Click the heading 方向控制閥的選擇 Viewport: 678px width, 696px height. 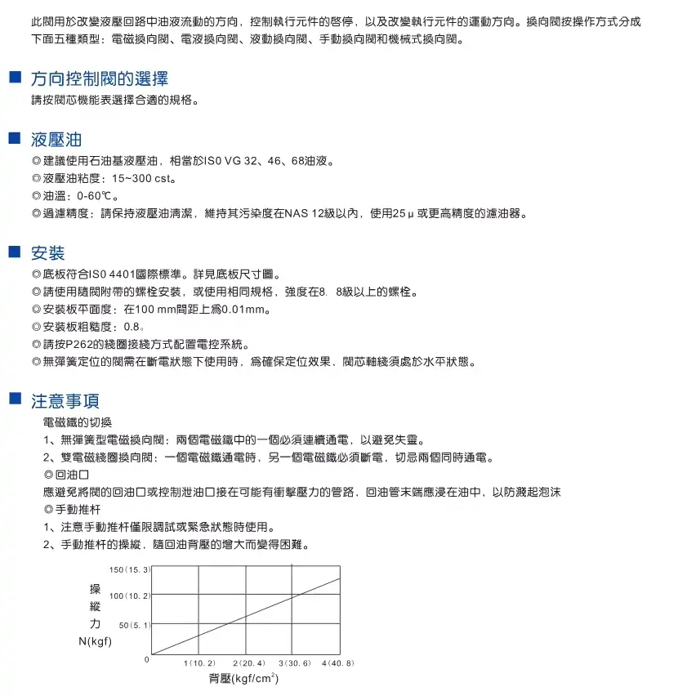pos(99,79)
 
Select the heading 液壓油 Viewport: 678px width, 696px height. pos(56,139)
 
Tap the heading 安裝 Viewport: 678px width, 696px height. pos(47,252)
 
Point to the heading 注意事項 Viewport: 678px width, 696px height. pos(65,400)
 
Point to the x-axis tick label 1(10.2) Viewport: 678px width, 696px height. pos(199,663)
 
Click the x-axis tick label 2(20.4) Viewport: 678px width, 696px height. pos(248,663)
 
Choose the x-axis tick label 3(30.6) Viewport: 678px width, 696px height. pos(294,663)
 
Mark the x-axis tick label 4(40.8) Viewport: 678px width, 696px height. pos(338,663)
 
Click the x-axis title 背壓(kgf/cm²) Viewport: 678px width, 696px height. pos(244,679)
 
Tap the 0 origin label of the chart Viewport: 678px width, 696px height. pos(147,658)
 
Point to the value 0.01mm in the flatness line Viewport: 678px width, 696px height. pos(246,310)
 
